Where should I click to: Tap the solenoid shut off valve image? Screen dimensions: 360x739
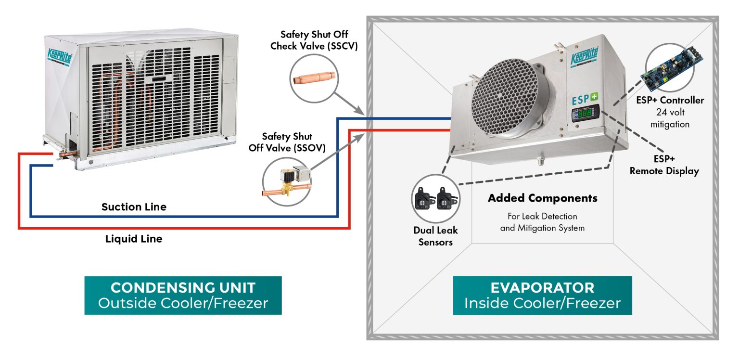pyautogui.click(x=286, y=183)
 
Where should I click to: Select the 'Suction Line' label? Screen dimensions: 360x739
pyautogui.click(x=134, y=207)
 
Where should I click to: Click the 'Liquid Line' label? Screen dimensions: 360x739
pyautogui.click(x=134, y=238)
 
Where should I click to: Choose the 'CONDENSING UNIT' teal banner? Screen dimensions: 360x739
pyautogui.click(x=183, y=295)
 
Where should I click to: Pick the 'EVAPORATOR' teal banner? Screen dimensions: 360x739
pyautogui.click(x=542, y=295)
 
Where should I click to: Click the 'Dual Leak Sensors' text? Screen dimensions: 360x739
pyautogui.click(x=435, y=236)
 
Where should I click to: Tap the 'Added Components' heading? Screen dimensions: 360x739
pyautogui.click(x=542, y=198)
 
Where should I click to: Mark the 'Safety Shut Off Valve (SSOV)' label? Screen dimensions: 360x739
pyautogui.click(x=287, y=142)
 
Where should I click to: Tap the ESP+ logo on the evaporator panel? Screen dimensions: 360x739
pyautogui.click(x=584, y=102)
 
